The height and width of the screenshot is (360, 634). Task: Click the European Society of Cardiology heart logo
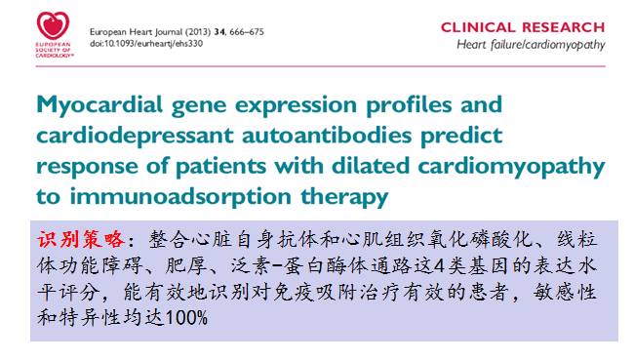coord(54,25)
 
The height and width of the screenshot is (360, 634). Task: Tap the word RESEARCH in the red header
coord(564,27)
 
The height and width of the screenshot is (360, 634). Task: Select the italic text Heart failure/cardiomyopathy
coord(531,45)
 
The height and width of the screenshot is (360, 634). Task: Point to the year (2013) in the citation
coord(198,32)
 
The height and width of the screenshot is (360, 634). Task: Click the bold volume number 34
coord(219,32)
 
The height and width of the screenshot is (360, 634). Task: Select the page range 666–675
coord(247,32)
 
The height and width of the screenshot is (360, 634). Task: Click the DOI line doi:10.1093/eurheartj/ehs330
coord(146,43)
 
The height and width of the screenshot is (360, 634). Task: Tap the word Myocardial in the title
coord(99,104)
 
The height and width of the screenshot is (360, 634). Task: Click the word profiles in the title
coord(409,105)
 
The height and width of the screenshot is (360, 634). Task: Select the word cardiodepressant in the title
coord(135,136)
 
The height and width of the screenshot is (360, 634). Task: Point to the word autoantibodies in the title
coord(327,135)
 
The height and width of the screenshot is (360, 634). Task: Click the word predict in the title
coord(461,136)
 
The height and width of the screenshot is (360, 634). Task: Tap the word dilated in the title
coord(371,166)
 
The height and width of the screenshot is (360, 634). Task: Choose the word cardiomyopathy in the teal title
coord(511,167)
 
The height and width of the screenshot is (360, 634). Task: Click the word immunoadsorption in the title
coord(180,197)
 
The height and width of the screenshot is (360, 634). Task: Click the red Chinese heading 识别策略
coord(81,239)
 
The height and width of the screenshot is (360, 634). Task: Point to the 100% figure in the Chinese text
coord(186,317)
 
